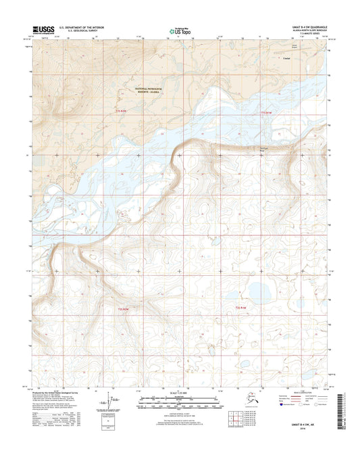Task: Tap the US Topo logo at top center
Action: click(x=179, y=30)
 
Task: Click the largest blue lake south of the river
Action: click(x=257, y=293)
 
